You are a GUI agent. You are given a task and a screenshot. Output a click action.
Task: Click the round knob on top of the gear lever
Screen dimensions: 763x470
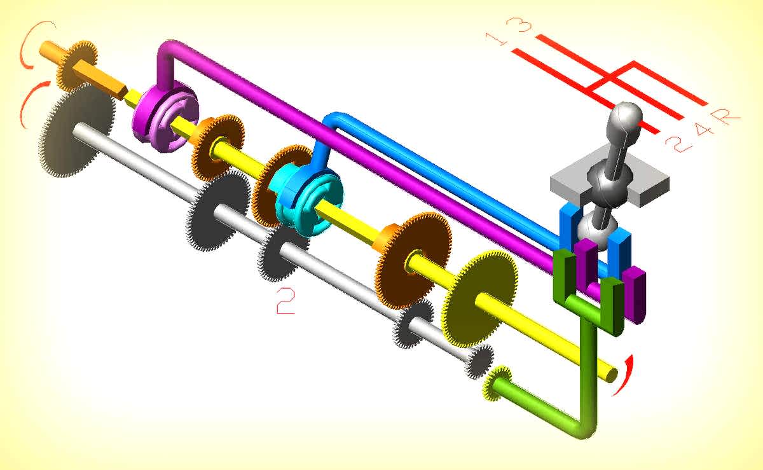[624, 118]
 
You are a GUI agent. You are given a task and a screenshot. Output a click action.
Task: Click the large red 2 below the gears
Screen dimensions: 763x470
[285, 300]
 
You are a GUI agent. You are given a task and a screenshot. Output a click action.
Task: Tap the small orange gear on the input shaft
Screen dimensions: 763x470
[76, 65]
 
